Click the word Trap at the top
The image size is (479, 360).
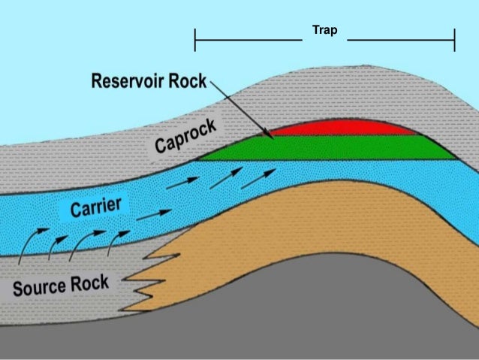coord(325,32)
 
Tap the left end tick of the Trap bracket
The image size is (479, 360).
coord(195,39)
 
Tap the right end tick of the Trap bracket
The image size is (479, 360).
coord(455,39)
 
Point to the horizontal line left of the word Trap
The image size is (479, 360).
coord(248,39)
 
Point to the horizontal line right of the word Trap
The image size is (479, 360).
coord(401,39)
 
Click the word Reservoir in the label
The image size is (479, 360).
coord(131,80)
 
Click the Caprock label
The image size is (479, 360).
coord(186,138)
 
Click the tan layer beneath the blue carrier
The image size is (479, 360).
coord(300,225)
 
